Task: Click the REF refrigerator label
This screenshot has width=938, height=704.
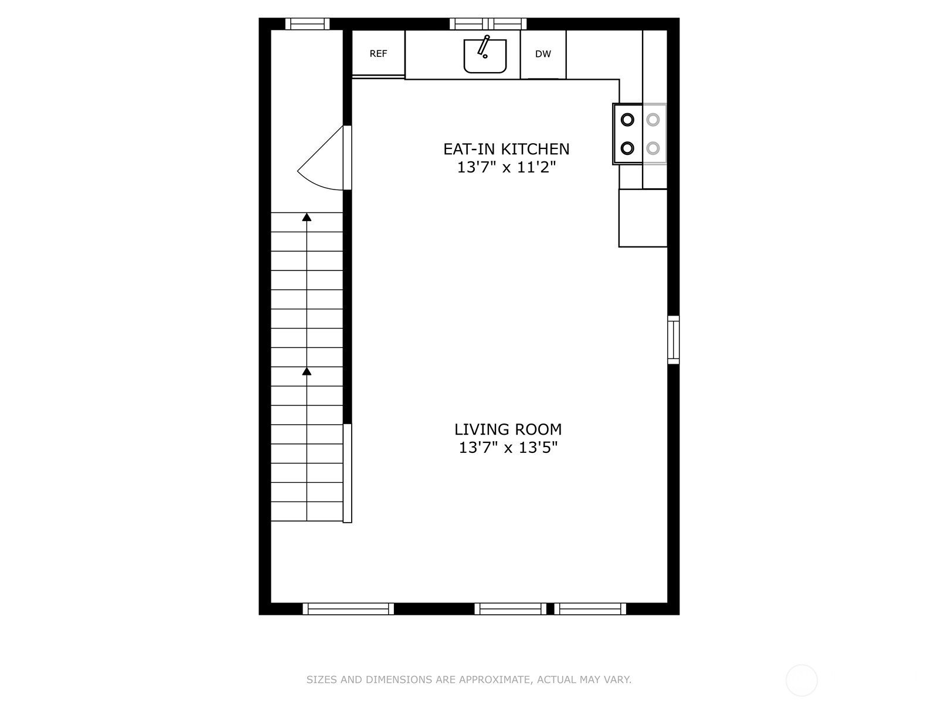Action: tap(378, 54)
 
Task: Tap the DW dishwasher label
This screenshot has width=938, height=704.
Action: tap(543, 54)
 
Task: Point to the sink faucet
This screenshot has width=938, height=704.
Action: tap(484, 45)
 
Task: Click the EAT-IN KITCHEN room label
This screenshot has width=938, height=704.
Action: tap(506, 149)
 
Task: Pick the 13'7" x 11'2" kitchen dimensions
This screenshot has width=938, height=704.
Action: tap(506, 168)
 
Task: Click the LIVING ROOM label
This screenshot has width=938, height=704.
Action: tap(508, 429)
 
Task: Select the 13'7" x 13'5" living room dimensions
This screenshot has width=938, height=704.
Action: tap(508, 448)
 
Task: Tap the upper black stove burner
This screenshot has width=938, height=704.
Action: tap(627, 120)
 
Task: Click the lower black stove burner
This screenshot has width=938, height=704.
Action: tap(627, 148)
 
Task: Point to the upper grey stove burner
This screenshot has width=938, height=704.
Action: tap(653, 120)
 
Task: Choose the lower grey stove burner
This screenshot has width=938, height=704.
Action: tap(653, 148)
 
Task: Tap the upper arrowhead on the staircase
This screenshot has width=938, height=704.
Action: tap(307, 217)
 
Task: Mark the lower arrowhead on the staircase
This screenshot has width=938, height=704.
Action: tap(307, 371)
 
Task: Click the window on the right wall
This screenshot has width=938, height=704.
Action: tap(674, 340)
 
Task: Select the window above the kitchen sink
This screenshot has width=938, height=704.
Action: tap(488, 24)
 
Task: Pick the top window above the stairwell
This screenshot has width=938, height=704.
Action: tap(307, 24)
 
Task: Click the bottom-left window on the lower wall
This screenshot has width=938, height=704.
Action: tap(348, 609)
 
